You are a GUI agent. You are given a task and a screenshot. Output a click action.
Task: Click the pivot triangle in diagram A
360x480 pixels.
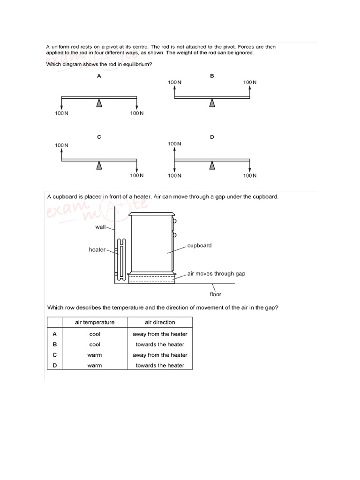click(99, 103)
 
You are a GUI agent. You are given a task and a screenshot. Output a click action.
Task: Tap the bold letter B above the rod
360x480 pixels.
click(212, 75)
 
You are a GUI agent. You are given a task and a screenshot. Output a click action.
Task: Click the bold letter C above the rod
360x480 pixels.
click(99, 137)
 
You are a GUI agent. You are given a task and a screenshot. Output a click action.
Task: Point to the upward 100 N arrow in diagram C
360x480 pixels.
click(62, 154)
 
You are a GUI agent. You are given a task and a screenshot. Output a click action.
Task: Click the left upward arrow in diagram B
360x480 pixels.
click(174, 91)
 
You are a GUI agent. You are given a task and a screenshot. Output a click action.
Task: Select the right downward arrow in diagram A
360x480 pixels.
click(137, 104)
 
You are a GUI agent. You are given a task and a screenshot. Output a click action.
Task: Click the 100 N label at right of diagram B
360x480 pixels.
click(250, 82)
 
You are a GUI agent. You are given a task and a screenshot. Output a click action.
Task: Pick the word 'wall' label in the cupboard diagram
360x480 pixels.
click(101, 226)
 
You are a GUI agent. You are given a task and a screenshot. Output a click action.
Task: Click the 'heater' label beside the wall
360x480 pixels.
click(97, 249)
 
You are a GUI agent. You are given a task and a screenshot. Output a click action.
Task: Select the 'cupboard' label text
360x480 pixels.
click(199, 245)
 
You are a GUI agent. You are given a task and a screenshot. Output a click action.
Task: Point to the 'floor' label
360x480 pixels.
click(215, 294)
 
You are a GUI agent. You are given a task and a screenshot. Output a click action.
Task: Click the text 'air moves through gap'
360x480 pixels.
click(216, 273)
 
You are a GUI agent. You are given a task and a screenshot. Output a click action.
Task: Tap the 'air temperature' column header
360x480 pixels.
click(95, 322)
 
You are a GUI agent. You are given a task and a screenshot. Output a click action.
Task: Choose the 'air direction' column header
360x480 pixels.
click(160, 322)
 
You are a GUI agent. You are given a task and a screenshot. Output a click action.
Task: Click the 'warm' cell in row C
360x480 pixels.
click(95, 355)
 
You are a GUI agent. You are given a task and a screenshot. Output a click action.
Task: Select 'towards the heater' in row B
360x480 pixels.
click(160, 345)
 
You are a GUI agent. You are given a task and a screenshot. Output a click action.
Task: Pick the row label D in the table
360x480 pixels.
click(54, 365)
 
